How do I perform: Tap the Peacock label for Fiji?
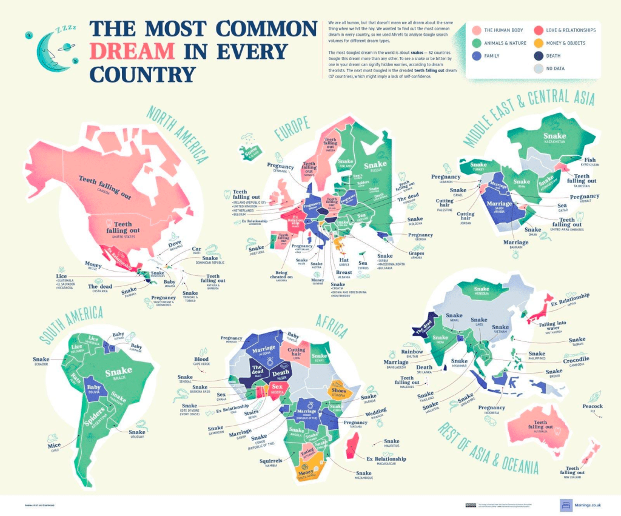click(592, 406)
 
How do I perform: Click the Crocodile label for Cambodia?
click(563, 360)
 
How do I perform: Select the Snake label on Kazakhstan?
click(554, 137)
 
